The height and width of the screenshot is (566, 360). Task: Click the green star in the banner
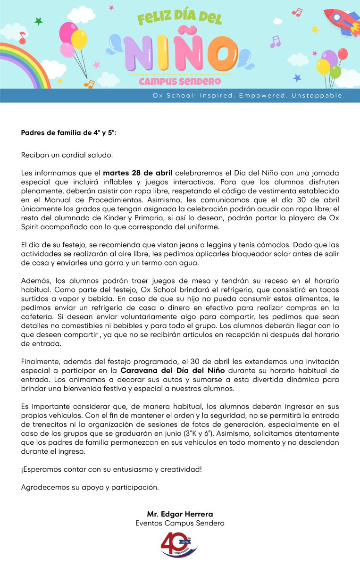tap(39, 22)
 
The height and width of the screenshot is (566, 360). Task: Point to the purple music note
tap(275, 42)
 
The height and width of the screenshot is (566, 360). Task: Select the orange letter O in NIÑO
tap(217, 53)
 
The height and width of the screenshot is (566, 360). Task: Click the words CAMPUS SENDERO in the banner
tap(180, 82)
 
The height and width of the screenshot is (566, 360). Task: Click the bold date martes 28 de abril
tap(138, 173)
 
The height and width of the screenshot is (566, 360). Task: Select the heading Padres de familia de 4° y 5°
tap(68, 133)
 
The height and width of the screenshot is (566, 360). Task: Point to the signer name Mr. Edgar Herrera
tap(180, 514)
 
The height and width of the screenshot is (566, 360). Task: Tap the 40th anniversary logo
tap(179, 545)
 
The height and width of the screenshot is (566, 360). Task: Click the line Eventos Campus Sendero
tap(180, 523)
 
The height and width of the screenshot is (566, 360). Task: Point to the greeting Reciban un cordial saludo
tap(67, 155)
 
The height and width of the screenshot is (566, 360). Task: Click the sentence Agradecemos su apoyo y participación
tap(90, 487)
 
